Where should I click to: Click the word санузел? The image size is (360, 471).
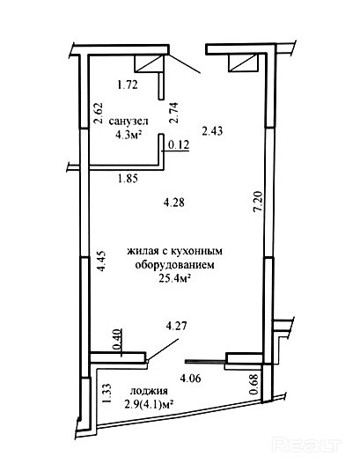coord(129,121)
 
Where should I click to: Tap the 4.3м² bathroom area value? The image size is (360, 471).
coord(129,135)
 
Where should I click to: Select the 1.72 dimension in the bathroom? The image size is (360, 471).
coord(128,85)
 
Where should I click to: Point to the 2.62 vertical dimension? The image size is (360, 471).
coord(99,114)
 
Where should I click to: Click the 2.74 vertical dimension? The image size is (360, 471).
coord(173,113)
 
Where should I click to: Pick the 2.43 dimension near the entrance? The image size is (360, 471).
coord(212,131)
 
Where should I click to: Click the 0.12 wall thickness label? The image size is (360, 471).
coord(179,145)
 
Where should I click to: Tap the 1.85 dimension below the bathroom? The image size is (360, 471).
coord(128,179)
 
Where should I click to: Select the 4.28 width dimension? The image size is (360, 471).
coord(174,202)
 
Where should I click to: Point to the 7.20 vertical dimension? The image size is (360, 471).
coord(258,202)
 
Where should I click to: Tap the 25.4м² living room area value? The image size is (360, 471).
coord(175,279)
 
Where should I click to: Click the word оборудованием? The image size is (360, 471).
coord(175,265)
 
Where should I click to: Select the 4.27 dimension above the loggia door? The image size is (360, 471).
coord(177,326)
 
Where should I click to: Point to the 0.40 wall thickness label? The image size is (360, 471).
coord(117,339)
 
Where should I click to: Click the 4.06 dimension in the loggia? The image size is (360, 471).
coord(190,378)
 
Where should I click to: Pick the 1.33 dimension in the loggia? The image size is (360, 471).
coord(107,394)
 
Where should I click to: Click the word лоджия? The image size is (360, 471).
coord(149,392)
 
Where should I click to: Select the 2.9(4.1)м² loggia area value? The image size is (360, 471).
coord(150,405)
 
